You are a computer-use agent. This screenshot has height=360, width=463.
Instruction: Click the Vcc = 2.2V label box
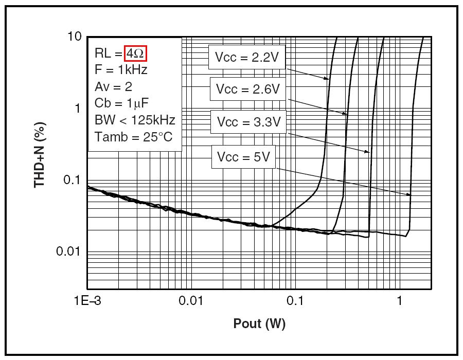(246, 58)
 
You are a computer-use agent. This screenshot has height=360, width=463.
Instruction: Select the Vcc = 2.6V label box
(247, 89)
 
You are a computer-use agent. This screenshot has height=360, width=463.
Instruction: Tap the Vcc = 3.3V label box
(248, 122)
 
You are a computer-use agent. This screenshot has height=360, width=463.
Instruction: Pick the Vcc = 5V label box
(243, 157)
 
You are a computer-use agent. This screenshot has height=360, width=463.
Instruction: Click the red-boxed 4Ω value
(136, 53)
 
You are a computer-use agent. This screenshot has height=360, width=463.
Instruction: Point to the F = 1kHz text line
(121, 69)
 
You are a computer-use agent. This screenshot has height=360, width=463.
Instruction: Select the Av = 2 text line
(113, 86)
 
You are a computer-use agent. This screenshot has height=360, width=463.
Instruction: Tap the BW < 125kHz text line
(135, 120)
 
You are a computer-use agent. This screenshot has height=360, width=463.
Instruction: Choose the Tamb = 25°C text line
(133, 137)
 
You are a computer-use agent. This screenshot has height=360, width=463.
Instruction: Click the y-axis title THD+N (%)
(40, 154)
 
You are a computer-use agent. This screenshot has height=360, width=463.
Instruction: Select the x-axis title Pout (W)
(259, 323)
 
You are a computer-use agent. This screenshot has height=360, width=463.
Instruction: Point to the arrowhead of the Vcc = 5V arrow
(410, 195)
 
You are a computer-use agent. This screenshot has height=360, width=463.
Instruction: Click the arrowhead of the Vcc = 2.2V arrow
(327, 79)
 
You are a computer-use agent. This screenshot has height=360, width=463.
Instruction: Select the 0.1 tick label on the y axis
(72, 179)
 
